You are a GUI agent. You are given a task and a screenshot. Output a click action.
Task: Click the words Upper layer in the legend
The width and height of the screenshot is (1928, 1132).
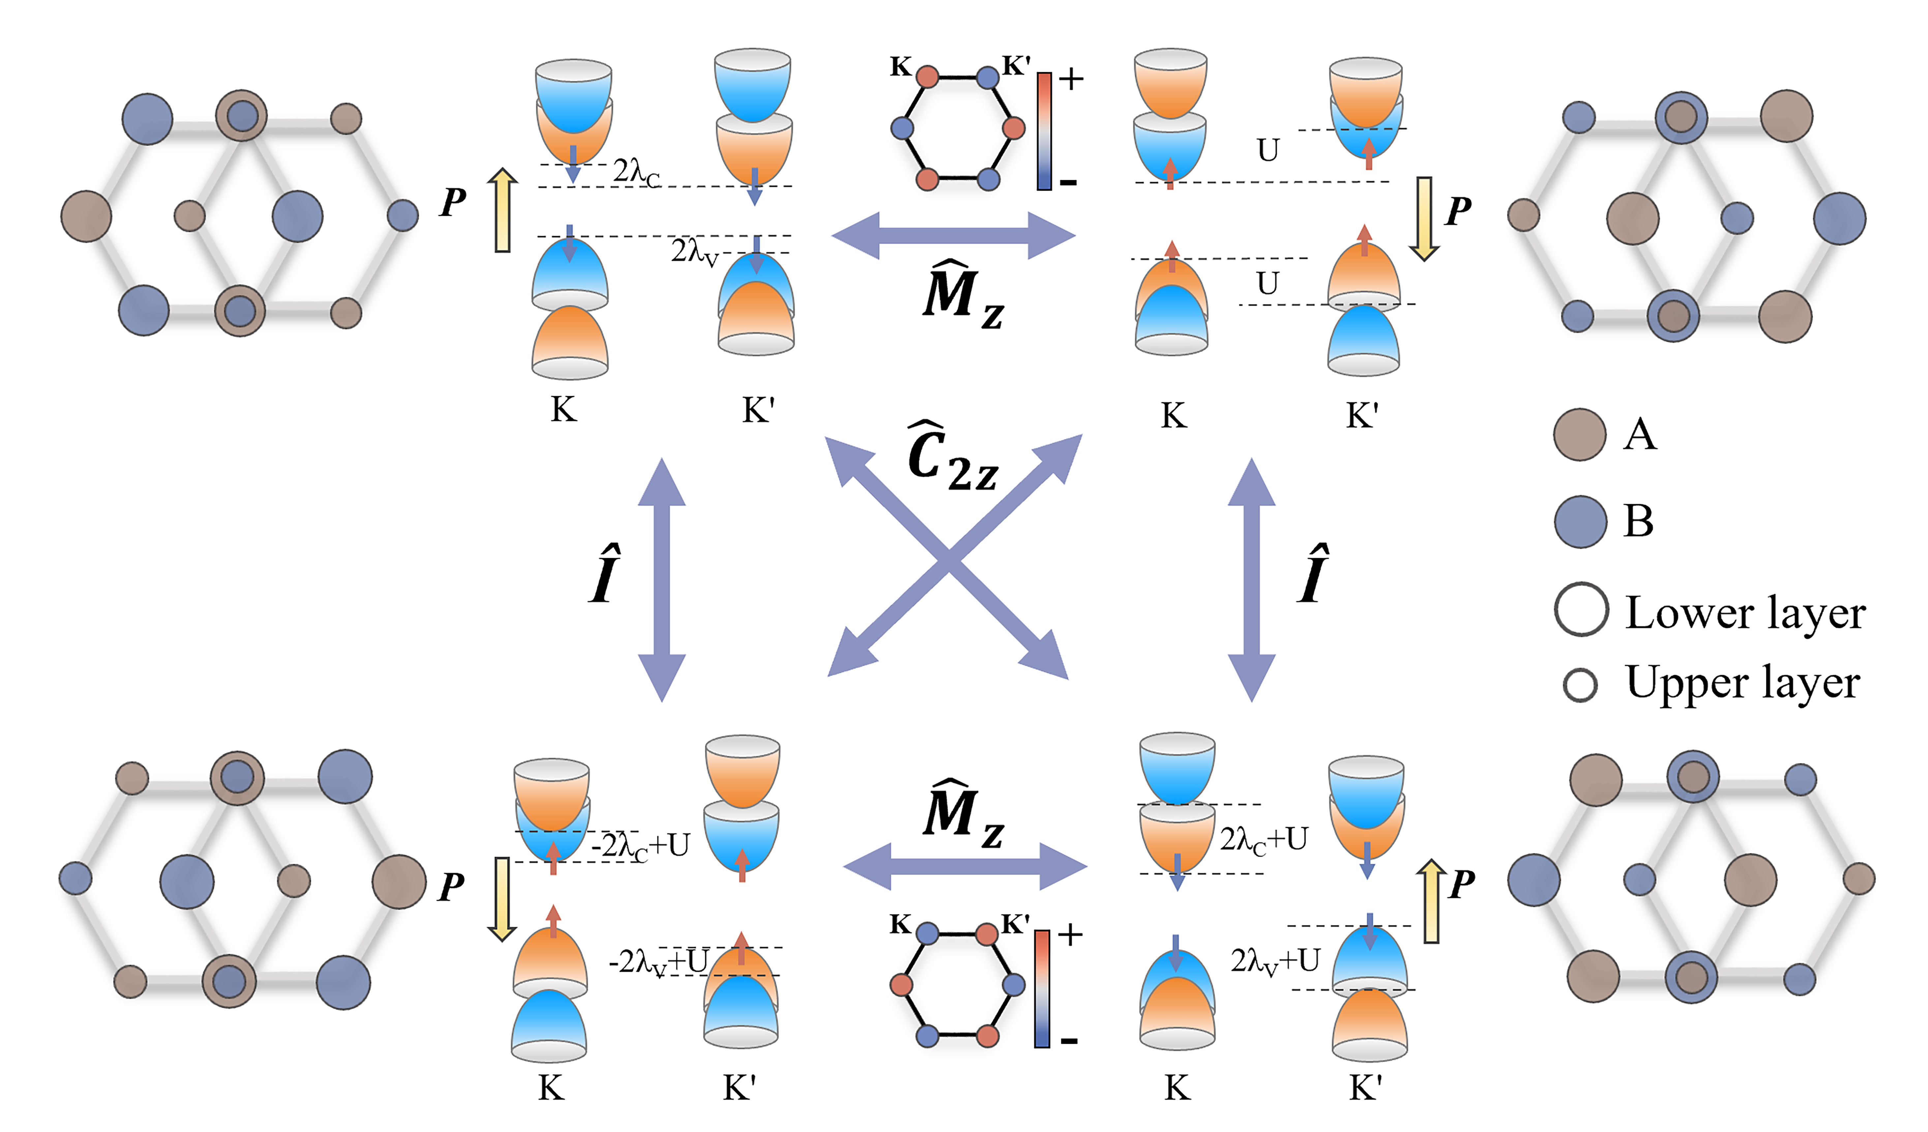pos(1742,683)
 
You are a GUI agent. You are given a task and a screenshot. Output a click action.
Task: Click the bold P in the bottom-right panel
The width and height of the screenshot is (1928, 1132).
pos(1462,884)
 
